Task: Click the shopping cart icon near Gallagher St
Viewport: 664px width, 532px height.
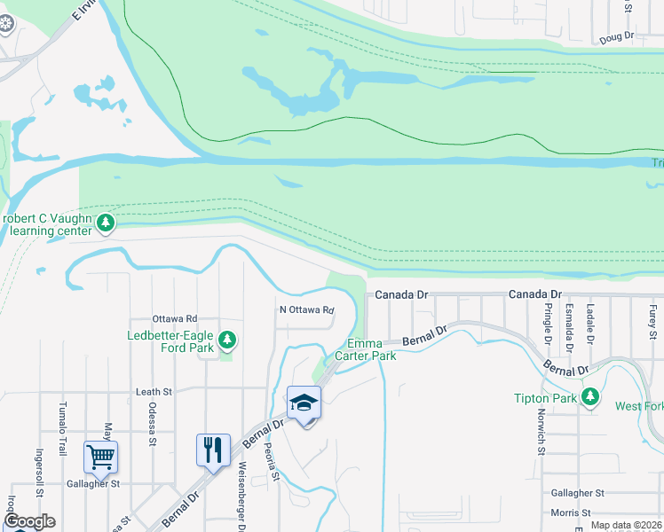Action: [100, 457]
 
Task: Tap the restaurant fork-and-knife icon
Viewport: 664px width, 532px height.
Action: [212, 450]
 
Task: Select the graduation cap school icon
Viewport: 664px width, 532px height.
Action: [304, 403]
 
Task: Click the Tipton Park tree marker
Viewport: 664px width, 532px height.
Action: [589, 398]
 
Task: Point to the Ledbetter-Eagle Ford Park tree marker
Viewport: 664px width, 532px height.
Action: [228, 339]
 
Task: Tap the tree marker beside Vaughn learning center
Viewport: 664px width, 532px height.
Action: [107, 223]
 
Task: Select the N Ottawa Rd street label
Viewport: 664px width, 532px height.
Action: [306, 310]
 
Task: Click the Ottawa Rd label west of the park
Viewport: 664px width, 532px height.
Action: [174, 318]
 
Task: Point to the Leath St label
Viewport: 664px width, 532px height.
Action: [154, 391]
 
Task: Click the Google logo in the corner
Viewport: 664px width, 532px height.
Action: [28, 521]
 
